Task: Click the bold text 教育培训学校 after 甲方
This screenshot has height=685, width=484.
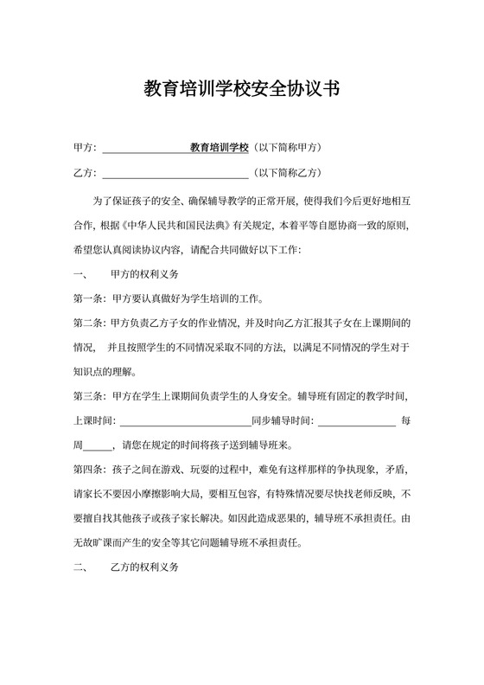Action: pyautogui.click(x=220, y=148)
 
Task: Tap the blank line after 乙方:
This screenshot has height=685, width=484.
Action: pyautogui.click(x=175, y=173)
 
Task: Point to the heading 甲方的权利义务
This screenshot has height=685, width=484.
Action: pyautogui.click(x=144, y=274)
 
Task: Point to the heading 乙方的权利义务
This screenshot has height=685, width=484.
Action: pyautogui.click(x=144, y=567)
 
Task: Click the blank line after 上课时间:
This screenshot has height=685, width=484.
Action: pyautogui.click(x=184, y=422)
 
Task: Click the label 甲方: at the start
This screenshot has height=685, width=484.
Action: pyautogui.click(x=86, y=148)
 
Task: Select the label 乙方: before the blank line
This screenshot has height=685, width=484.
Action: pyautogui.click(x=86, y=173)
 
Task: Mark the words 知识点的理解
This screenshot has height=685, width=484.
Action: pyautogui.click(x=105, y=372)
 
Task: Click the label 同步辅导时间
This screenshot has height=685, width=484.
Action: pyautogui.click(x=282, y=421)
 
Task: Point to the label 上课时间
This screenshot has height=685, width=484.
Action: pyautogui.click(x=92, y=421)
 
